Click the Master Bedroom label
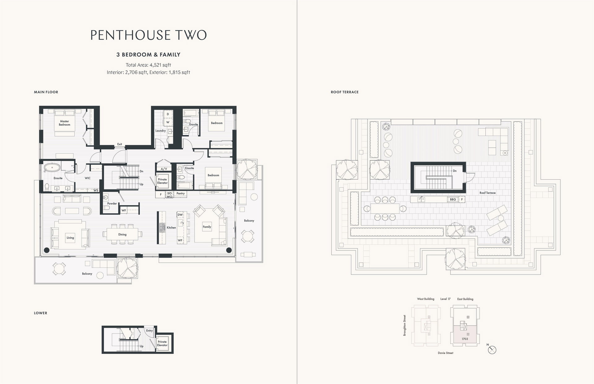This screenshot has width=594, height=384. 64,123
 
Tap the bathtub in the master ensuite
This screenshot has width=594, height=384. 52,168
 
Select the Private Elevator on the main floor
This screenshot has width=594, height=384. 162,181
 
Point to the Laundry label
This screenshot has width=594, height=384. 161,131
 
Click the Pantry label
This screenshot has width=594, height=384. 180,194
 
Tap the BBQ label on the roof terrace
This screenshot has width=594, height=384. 453,199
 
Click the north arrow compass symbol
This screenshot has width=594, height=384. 492,349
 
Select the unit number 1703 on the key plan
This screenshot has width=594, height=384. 465,339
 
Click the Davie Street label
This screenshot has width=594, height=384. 445,353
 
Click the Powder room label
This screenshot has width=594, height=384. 112,203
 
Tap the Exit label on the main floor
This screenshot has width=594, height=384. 119,144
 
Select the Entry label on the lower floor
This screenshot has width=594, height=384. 149,331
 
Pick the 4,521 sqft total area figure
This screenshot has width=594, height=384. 160,65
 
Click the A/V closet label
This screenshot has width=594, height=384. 164,169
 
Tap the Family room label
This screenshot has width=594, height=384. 207,227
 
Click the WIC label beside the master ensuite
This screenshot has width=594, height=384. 88,178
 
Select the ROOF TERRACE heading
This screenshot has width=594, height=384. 345,92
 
